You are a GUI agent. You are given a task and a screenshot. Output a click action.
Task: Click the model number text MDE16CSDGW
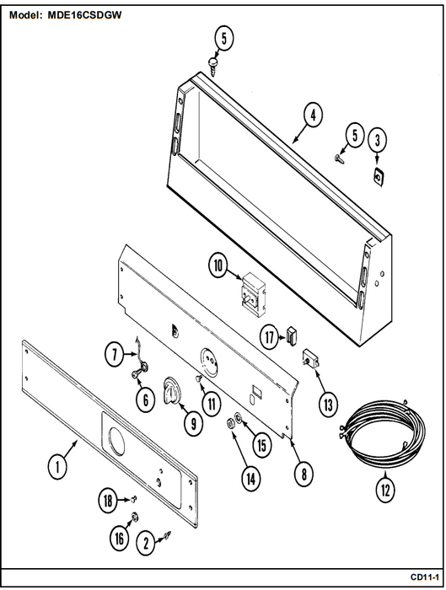(x=84, y=15)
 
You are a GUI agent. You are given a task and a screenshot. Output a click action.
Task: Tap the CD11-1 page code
(x=425, y=577)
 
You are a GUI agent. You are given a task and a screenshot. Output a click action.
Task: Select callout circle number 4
(x=313, y=115)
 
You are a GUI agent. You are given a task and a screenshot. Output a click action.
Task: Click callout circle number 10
(x=218, y=265)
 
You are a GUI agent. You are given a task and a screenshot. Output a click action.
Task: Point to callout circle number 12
(x=385, y=490)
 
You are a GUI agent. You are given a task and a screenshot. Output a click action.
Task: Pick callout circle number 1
(x=57, y=467)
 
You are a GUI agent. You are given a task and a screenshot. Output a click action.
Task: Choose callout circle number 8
(x=304, y=474)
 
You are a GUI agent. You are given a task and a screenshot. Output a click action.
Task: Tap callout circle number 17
(x=270, y=337)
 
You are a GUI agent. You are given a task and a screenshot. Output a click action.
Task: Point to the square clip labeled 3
(x=378, y=177)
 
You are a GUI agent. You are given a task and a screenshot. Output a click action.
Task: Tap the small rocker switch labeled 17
(x=292, y=335)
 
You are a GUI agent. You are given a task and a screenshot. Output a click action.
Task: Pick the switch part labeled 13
(x=312, y=359)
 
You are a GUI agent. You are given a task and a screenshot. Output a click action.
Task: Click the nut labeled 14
(x=229, y=423)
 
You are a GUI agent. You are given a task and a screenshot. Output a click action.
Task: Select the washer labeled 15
(x=239, y=417)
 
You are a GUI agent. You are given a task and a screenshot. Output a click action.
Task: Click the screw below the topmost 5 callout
(x=213, y=67)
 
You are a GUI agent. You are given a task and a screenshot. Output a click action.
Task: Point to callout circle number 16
(x=120, y=538)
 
